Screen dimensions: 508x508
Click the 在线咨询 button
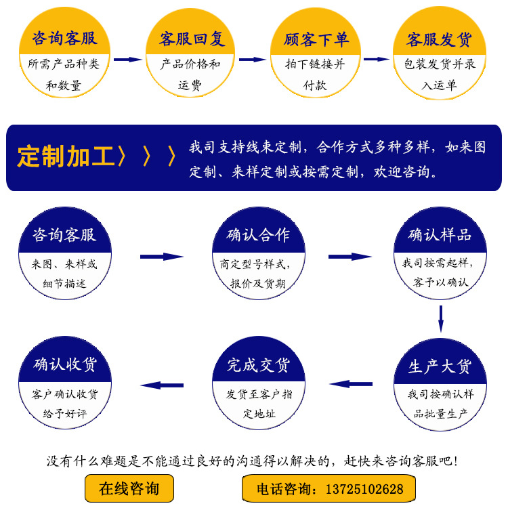pos(129,488)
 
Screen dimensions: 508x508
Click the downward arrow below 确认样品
pos(440,318)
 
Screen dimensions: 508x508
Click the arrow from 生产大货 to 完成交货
pos(350,384)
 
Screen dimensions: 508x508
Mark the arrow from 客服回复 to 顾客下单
pos(253,60)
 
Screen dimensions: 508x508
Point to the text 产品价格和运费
pos(190,75)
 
